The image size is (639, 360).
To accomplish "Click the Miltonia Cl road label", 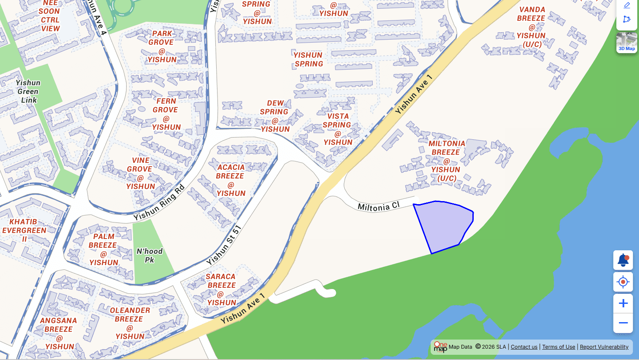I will [x=378, y=206].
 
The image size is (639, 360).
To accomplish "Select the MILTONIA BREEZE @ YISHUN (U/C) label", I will [x=446, y=161].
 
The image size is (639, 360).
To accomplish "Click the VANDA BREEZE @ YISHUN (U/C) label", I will [x=532, y=27].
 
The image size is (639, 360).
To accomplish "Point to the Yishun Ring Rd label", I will [x=159, y=202].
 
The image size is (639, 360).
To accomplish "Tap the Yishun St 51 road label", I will [x=224, y=245].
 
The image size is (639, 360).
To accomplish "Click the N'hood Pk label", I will [x=149, y=256].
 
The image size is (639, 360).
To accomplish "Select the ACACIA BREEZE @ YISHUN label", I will [x=231, y=180].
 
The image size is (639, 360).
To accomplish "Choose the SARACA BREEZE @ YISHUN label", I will [x=221, y=289].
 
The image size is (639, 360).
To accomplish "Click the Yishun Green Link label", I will [x=28, y=91].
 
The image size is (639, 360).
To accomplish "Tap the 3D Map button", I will [x=626, y=43].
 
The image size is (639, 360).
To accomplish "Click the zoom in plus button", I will [x=623, y=303].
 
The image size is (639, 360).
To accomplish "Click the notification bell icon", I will [x=623, y=260].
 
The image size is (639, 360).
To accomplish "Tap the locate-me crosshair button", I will [x=623, y=282].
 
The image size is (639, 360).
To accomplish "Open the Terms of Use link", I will [x=559, y=347].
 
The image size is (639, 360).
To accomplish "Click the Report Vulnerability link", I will [x=604, y=347].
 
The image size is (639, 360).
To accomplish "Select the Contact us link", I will [x=524, y=347].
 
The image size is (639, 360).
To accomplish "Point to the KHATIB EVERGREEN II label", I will [x=24, y=230].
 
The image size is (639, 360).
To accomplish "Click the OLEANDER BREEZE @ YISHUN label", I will [x=130, y=323].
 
